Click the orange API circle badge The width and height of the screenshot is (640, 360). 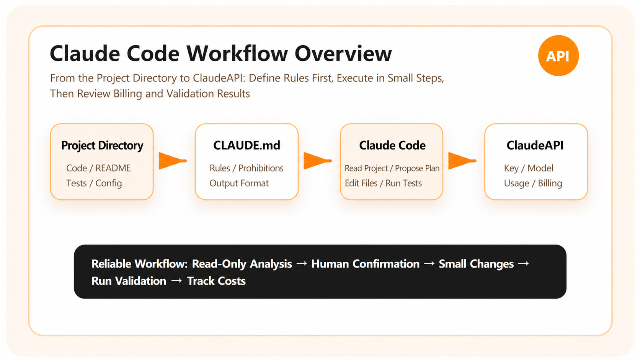[x=558, y=55]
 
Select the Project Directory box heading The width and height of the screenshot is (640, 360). [x=102, y=146]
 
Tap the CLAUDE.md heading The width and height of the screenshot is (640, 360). [x=247, y=145]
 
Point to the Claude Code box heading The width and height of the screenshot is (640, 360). [x=392, y=145]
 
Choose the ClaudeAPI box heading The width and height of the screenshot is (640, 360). [x=535, y=145]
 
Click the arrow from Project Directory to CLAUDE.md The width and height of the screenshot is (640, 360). [x=173, y=161]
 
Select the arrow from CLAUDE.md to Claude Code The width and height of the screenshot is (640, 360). [x=317, y=161]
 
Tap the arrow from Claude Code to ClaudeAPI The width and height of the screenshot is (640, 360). [x=462, y=161]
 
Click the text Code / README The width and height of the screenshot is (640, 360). [x=98, y=168]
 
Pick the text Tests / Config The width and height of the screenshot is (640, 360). [x=94, y=183]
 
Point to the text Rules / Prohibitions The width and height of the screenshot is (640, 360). [x=246, y=168]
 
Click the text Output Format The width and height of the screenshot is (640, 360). [x=239, y=183]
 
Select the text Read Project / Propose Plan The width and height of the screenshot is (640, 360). [x=392, y=168]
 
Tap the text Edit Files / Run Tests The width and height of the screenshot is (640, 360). [x=383, y=183]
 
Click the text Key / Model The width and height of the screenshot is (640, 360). [x=529, y=168]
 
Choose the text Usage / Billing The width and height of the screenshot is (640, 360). [x=533, y=183]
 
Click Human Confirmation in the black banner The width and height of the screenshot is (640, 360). [x=365, y=264]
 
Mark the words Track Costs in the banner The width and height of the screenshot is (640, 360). [x=216, y=281]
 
